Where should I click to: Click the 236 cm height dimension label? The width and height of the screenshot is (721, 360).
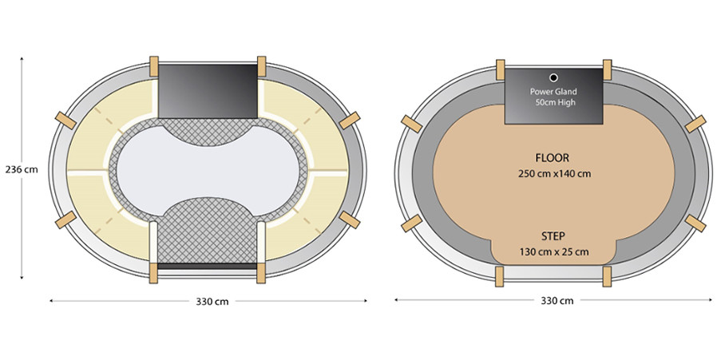[22, 170]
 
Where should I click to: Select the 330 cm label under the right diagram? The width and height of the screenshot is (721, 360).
[557, 301]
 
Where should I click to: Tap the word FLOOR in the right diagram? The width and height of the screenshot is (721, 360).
[553, 158]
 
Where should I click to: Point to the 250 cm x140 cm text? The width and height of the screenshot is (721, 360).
[554, 174]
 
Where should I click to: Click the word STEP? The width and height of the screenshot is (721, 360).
[553, 236]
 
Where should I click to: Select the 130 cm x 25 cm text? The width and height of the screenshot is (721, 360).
[554, 252]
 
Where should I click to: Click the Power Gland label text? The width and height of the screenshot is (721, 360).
[553, 92]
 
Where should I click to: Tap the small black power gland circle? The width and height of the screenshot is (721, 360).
[553, 77]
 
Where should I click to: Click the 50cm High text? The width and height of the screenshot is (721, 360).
[555, 102]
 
